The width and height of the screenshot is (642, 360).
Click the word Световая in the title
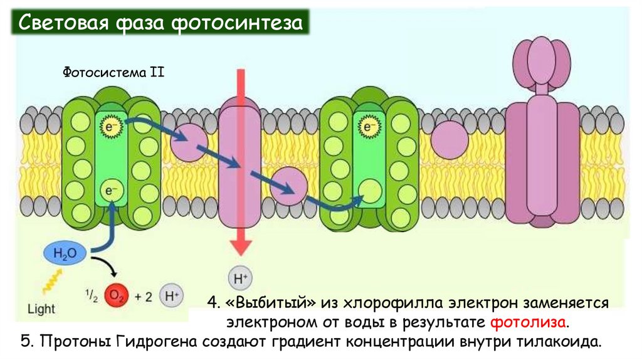[x=60, y=24]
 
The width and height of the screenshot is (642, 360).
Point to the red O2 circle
[x=115, y=295]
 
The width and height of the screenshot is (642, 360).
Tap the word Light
[x=41, y=309]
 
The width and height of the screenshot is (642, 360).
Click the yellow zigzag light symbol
[x=50, y=280]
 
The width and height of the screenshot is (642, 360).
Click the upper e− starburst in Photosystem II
[x=108, y=127]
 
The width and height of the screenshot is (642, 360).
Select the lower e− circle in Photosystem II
[x=110, y=189]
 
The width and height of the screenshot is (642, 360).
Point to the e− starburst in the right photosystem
[x=368, y=127]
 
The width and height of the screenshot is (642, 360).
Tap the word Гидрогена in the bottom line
[x=148, y=342]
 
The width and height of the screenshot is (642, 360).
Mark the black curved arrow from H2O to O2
[x=105, y=267]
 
